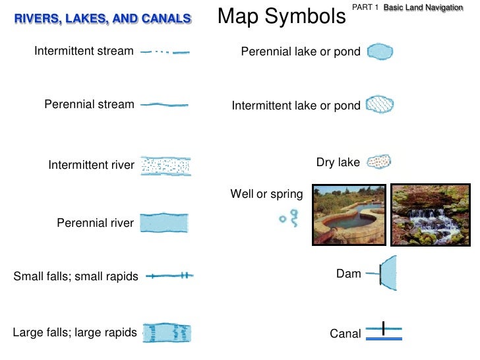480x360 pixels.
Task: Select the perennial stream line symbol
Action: [165, 104]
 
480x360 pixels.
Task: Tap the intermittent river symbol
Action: [166, 165]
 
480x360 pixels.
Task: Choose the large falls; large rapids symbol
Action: [167, 333]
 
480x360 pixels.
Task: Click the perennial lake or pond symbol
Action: [380, 51]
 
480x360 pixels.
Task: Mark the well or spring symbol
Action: [289, 217]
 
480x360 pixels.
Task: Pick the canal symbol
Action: [384, 333]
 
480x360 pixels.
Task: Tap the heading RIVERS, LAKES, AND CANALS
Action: [104, 18]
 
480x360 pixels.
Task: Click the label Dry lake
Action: [338, 162]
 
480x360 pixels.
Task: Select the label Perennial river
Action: [95, 223]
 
